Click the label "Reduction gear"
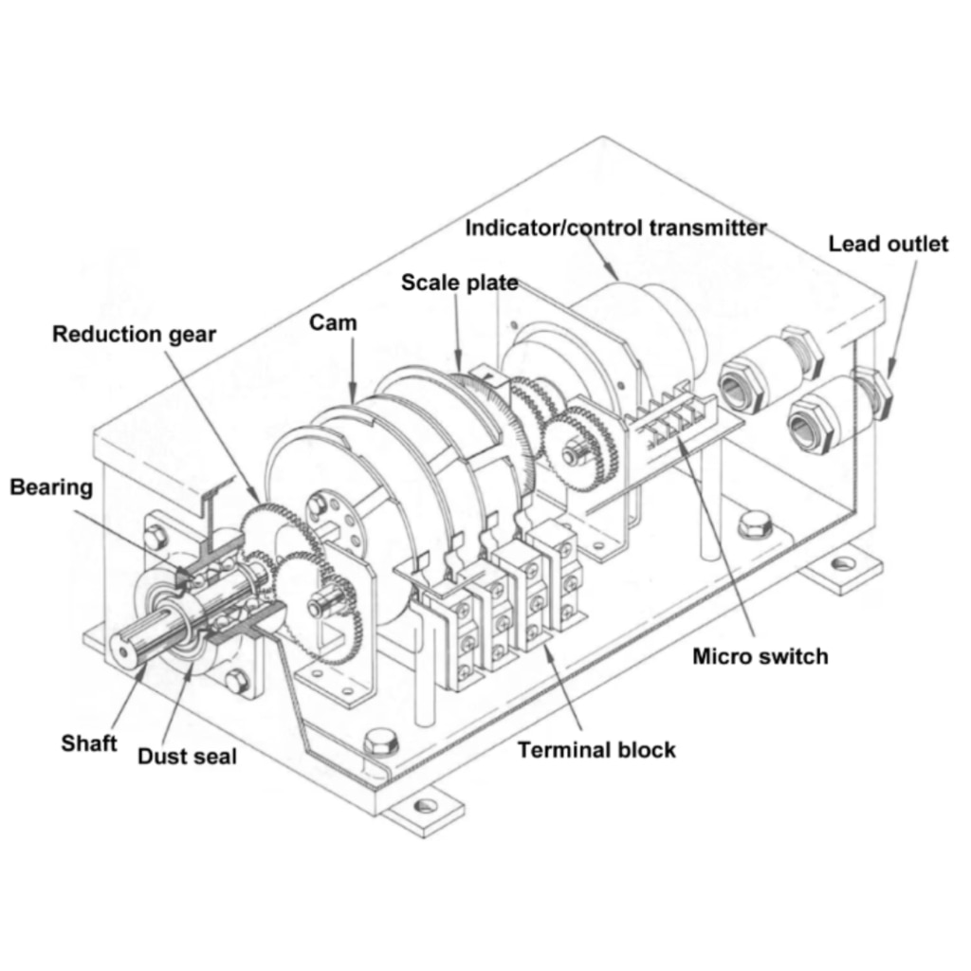point(134,335)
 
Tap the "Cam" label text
point(333,322)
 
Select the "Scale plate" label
point(459,283)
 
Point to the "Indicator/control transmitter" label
point(615,228)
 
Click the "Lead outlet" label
point(888,244)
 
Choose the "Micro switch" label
point(760,656)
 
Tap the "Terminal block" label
point(596,750)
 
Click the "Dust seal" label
point(187,756)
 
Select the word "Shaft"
point(89,742)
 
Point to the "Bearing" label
point(51,487)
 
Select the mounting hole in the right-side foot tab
point(839,566)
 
